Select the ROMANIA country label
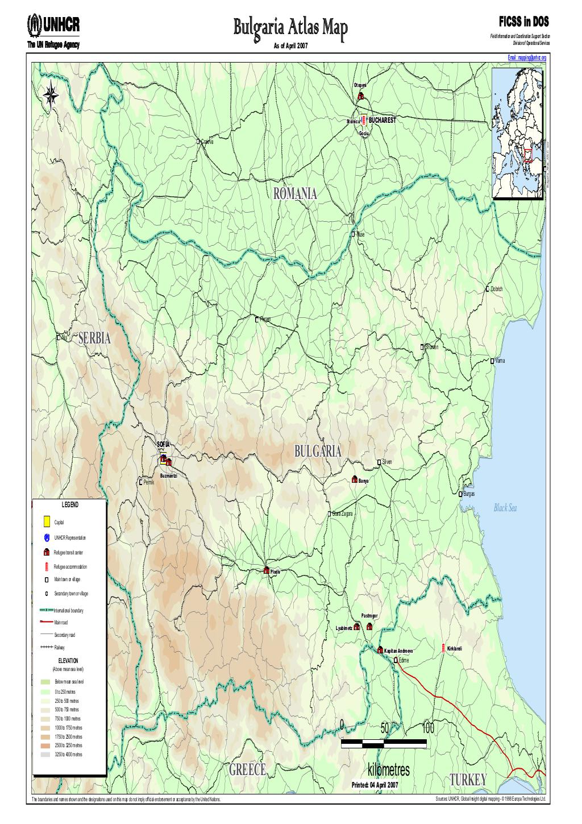295,194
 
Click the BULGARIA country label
318,452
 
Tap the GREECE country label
248,769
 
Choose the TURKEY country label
468,779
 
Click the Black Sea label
506,508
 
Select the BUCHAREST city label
381,121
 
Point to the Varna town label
500,361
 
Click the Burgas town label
468,494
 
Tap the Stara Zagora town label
343,514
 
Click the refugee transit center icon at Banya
355,479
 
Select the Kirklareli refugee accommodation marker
443,649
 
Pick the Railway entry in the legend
60,648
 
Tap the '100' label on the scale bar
429,728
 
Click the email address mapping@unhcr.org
527,58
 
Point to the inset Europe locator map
518,134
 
